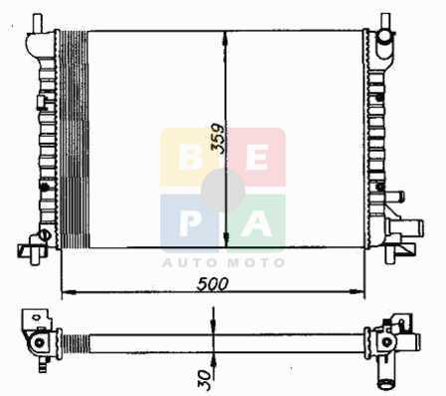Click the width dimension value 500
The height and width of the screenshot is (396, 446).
click(213, 284)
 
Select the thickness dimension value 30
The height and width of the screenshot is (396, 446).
click(205, 379)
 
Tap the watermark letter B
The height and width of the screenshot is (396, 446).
click(190, 159)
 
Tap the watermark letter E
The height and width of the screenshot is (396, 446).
click(257, 159)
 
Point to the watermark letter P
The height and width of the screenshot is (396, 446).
click(189, 223)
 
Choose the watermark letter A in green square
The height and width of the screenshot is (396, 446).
click(256, 223)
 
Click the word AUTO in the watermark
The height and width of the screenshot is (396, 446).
click(191, 263)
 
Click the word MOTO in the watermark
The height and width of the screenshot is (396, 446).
click(257, 263)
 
